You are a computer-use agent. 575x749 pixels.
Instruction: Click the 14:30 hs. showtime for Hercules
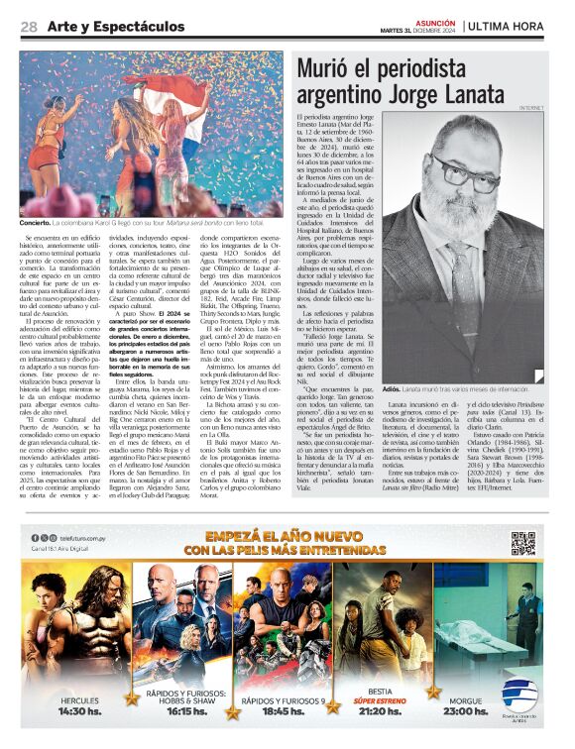tap(79, 710)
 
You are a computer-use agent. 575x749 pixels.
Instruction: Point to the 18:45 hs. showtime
tap(283, 710)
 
